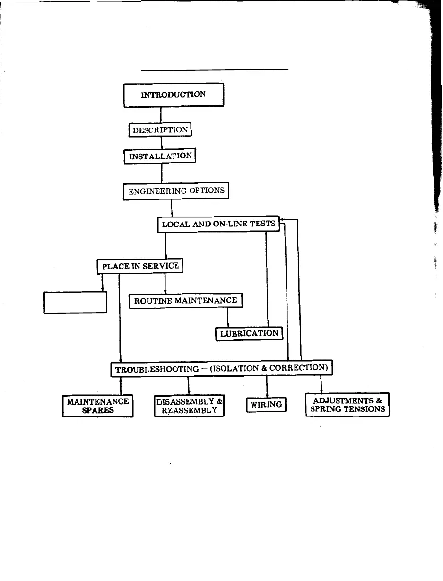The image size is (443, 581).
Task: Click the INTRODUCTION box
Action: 174,95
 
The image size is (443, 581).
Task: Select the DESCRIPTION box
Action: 160,130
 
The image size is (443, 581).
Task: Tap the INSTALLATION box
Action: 160,156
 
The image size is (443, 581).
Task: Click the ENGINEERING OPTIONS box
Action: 176,191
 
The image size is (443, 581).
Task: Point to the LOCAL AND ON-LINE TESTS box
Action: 218,225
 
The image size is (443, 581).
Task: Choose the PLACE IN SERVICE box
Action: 140,266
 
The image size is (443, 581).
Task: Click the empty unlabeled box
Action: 76,302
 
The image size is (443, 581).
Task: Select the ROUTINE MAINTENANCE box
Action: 185,301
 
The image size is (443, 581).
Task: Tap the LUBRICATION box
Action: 249,333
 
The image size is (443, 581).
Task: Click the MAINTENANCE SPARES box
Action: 98,406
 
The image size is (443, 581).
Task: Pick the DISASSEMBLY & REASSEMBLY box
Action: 189,406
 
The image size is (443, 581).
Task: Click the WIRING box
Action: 266,405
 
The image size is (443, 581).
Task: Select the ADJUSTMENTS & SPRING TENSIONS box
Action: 347,405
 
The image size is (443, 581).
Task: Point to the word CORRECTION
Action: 297,367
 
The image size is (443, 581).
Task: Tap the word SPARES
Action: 98,410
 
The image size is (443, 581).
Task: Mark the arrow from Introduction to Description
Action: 161,115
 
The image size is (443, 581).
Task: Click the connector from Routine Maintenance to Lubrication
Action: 228,318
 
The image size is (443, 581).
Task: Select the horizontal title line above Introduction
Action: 215,70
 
